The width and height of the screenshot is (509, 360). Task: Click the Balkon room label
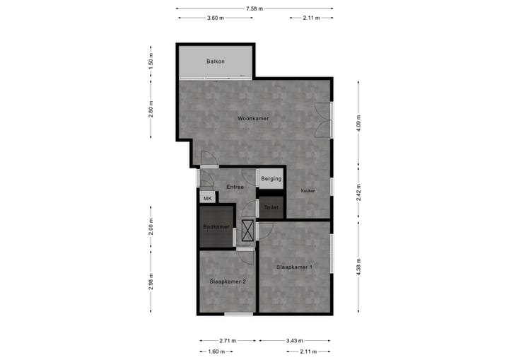[216, 62]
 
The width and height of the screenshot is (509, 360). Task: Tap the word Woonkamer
[253, 119]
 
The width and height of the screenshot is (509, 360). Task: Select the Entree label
[235, 187]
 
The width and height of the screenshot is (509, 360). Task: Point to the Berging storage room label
[271, 179]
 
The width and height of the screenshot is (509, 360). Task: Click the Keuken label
[308, 191]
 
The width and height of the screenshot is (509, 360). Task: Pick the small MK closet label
[207, 199]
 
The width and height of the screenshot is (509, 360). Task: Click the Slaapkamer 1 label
[295, 267]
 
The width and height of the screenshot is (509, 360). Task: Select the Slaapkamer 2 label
[228, 281]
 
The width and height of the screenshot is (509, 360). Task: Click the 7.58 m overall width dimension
[255, 8]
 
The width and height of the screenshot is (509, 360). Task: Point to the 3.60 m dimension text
[216, 18]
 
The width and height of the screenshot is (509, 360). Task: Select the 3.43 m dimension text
[296, 340]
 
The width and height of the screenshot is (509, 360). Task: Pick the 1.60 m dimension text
[216, 352]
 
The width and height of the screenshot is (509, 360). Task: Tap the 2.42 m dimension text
[359, 192]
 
